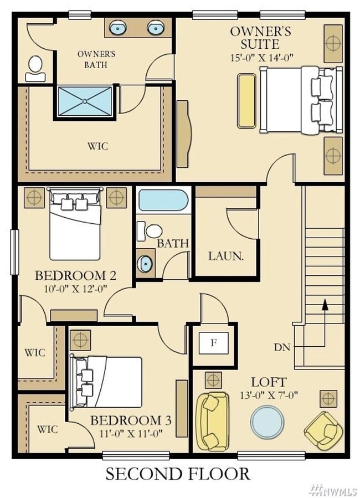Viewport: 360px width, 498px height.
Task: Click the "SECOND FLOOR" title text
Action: (x=178, y=474)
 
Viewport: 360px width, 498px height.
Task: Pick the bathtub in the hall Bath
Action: (x=163, y=200)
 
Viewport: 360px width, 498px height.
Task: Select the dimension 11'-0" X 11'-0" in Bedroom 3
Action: (x=131, y=434)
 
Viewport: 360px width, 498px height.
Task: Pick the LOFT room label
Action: (x=269, y=382)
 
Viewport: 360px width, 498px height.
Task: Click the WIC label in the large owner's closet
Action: (x=97, y=146)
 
